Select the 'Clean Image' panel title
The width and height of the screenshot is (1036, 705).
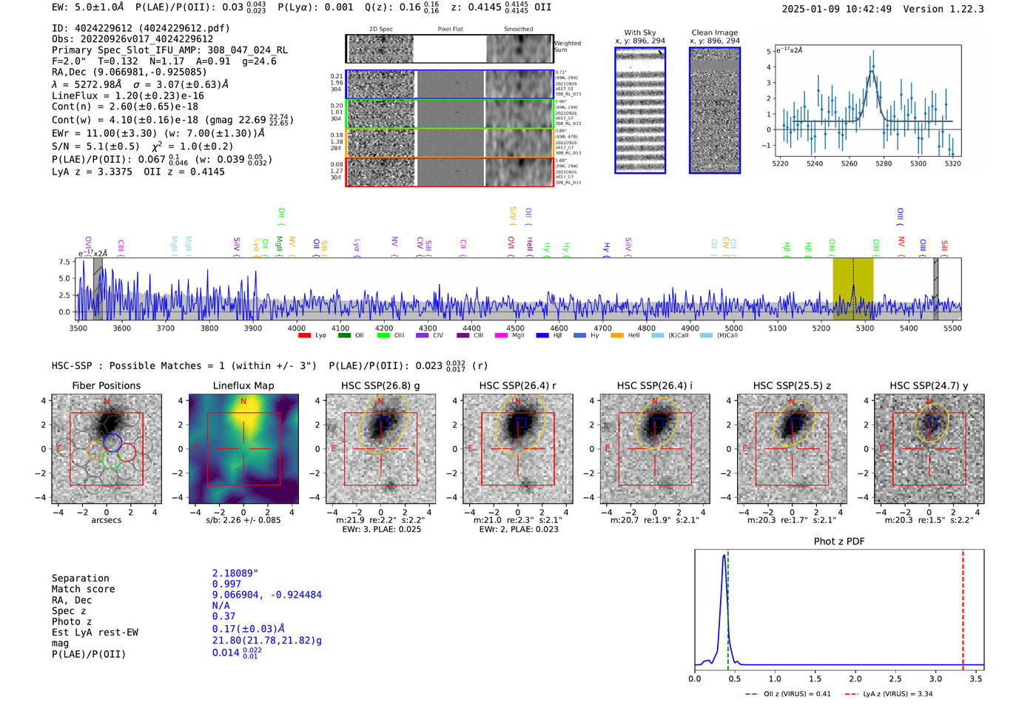714,33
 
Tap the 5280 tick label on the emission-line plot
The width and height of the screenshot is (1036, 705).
884,163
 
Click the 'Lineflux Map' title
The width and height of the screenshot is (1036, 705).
243,385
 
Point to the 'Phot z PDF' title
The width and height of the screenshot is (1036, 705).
838,541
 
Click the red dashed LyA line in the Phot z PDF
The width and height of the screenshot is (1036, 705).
963,607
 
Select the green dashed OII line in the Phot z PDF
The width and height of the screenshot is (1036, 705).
728,607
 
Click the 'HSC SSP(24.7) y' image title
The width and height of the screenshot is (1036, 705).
929,385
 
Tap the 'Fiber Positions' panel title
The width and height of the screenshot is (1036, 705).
106,385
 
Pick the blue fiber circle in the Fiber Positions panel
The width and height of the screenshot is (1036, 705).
112,442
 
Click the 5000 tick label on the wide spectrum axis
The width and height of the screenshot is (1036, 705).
733,328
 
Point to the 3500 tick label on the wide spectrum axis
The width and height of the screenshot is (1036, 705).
78,328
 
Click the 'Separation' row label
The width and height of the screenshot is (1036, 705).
80,578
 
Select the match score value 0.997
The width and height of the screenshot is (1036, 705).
226,584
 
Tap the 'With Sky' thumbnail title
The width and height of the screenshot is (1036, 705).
639,33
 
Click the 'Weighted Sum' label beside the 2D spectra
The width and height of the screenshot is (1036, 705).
567,47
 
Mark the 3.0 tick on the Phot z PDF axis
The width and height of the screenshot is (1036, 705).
935,678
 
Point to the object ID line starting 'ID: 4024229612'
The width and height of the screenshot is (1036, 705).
141,28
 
